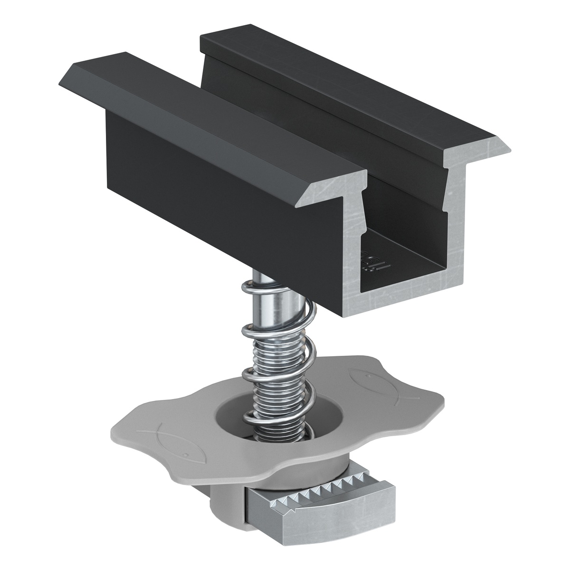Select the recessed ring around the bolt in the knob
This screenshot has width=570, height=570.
click(233, 418)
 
